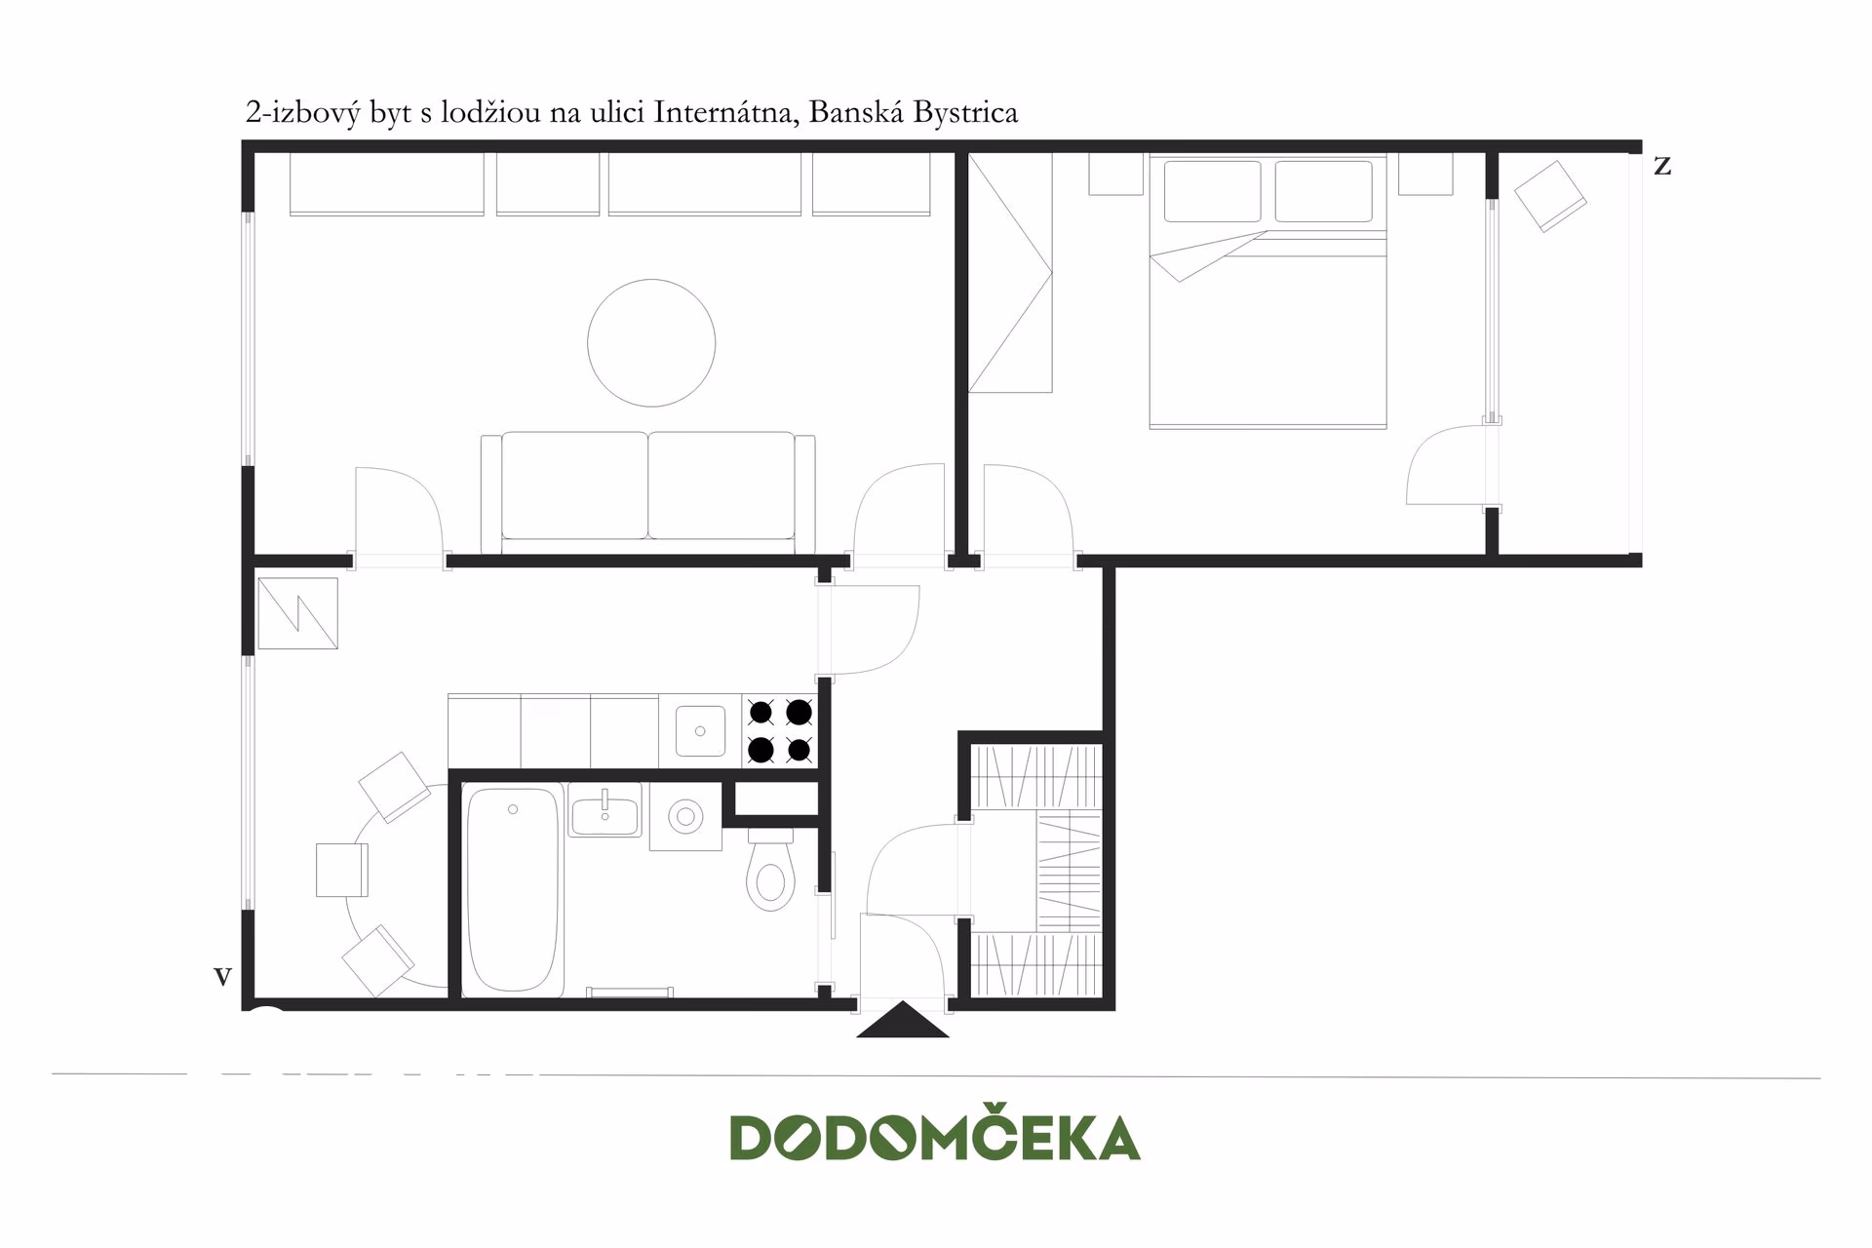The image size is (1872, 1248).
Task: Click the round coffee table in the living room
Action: click(651, 342)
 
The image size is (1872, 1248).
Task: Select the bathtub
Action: click(513, 889)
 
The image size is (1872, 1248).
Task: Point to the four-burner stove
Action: click(780, 731)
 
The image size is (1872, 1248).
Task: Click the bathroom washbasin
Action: click(604, 810)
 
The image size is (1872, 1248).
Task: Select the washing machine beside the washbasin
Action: click(685, 816)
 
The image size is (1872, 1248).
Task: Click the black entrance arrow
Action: click(903, 1020)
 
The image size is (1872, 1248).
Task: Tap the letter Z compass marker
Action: click(1662, 167)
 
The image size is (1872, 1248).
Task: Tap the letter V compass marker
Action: click(222, 976)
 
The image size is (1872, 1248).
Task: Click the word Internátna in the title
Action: click(726, 113)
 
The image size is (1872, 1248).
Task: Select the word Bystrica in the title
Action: click(967, 113)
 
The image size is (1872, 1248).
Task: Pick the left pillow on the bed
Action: click(1212, 191)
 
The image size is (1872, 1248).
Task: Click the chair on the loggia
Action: click(1549, 196)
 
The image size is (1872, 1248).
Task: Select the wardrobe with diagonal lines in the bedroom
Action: click(1010, 272)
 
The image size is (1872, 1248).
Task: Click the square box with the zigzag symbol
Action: click(297, 614)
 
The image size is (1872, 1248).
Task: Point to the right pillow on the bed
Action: click(1323, 191)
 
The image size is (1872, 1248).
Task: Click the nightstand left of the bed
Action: click(1115, 174)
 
